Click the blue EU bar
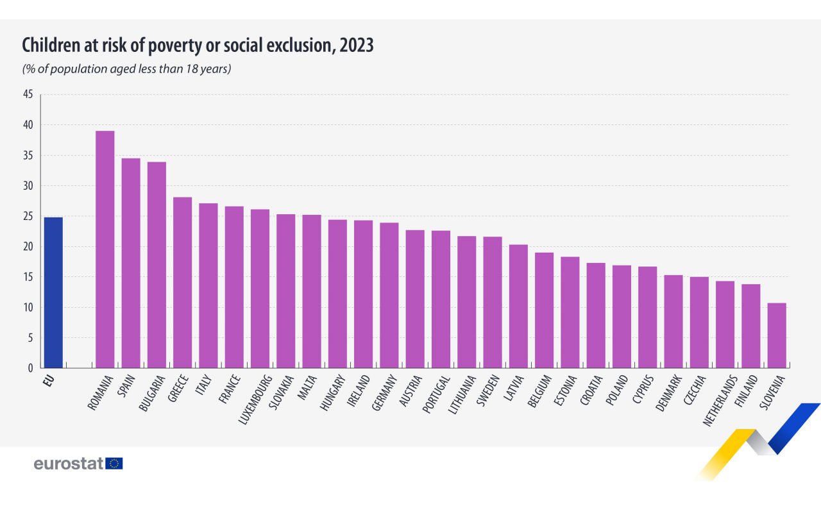tap(53, 292)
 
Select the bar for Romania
tap(105, 249)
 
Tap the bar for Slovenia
tap(777, 335)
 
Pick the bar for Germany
tap(389, 295)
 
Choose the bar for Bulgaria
tap(157, 265)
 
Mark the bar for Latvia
tap(518, 306)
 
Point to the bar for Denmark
tap(673, 321)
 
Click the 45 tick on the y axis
tap(28, 95)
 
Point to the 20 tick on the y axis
tap(28, 247)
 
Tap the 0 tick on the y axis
tap(30, 368)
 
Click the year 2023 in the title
tap(355, 46)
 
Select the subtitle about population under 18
tap(126, 69)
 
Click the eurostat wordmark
tap(68, 464)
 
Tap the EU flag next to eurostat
tap(115, 464)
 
